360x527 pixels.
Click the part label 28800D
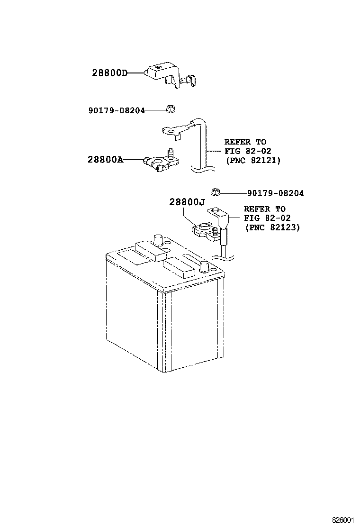[109, 73]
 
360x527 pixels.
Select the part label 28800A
[105, 159]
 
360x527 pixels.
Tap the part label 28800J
[187, 202]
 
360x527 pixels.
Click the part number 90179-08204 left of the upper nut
[117, 110]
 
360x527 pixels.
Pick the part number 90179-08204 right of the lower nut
[275, 193]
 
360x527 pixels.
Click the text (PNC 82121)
[253, 160]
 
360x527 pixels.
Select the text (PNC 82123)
[272, 227]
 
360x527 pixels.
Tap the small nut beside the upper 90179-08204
[171, 109]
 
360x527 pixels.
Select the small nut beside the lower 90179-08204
[215, 192]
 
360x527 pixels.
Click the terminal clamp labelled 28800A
[161, 163]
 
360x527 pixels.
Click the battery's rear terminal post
[158, 240]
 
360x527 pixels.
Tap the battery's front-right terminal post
[204, 266]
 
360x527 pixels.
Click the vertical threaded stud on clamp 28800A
[171, 154]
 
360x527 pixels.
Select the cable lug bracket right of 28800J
[220, 222]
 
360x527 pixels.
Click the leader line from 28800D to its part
[135, 73]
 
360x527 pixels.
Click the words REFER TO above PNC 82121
[245, 142]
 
